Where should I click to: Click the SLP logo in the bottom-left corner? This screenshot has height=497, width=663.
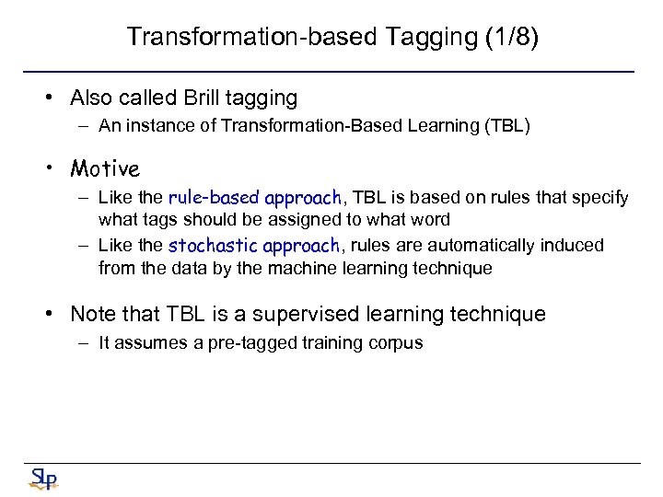click(x=42, y=479)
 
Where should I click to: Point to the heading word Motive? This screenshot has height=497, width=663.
click(x=105, y=168)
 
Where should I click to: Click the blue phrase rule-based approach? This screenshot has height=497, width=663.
click(x=254, y=198)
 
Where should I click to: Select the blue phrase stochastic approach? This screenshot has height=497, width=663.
click(x=254, y=246)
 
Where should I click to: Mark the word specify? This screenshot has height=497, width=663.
click(x=600, y=198)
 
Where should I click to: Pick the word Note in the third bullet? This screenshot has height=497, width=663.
click(x=92, y=314)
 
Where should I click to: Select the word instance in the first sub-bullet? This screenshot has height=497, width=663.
click(x=153, y=127)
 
